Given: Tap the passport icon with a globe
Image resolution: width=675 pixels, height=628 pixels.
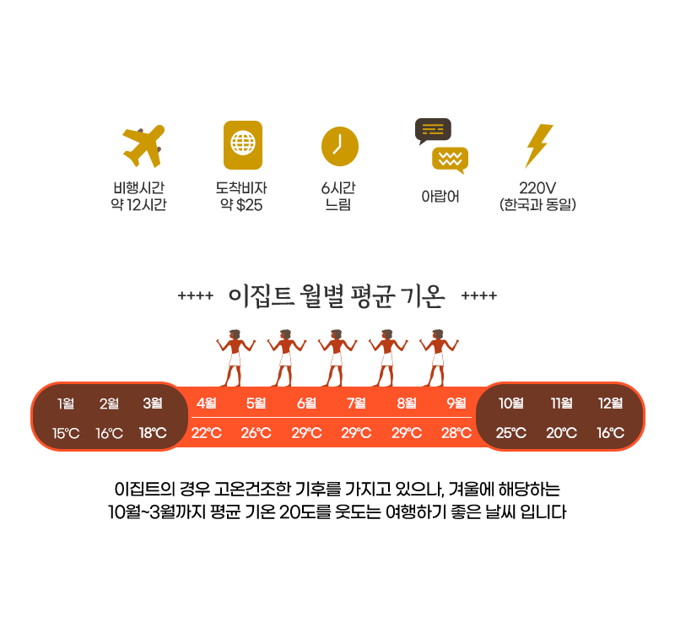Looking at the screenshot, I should (x=242, y=144).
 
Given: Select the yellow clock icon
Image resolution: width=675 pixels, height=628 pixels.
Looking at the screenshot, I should (x=339, y=144).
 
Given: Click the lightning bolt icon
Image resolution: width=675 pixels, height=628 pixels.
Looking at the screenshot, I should (x=538, y=146).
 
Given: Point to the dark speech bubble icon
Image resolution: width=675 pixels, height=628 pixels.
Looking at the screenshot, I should (x=433, y=130).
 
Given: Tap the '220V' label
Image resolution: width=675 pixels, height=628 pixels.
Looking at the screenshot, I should (x=537, y=187).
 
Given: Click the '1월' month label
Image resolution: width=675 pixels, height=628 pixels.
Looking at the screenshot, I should (x=66, y=403).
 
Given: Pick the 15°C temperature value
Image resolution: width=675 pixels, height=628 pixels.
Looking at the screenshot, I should (x=66, y=434).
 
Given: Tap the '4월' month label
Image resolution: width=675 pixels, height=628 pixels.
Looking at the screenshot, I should (x=206, y=403).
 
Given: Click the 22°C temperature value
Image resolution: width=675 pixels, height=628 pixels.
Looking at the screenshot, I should (x=206, y=434).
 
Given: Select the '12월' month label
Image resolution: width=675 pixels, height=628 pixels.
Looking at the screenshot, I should (x=610, y=403).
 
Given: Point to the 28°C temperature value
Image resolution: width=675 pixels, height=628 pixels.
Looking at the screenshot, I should (x=456, y=434).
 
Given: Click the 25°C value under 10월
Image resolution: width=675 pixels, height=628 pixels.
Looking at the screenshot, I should (x=511, y=434).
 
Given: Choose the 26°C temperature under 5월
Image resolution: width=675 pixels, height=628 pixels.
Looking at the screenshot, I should (x=256, y=434).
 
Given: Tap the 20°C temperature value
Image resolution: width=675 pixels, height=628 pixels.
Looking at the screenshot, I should (x=561, y=434).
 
